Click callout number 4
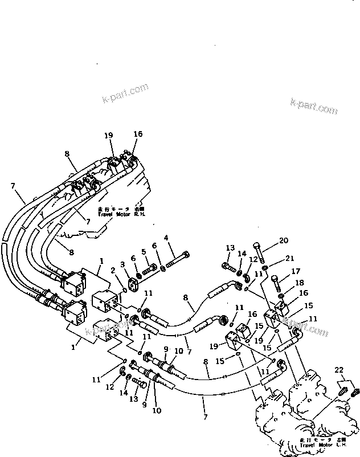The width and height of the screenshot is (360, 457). tap(166, 238)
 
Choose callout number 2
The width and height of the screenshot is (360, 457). tap(113, 270)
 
